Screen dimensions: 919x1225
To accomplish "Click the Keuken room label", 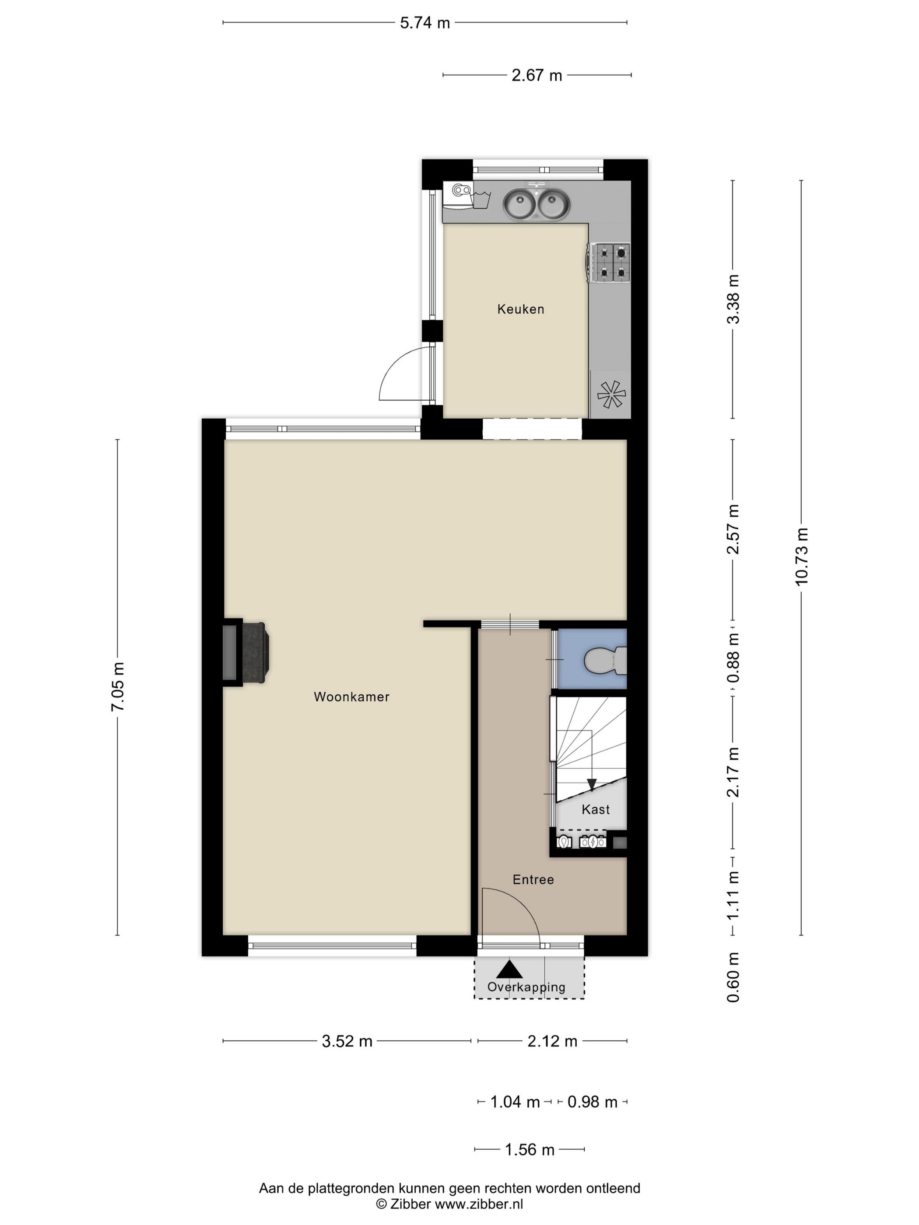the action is pos(520,309).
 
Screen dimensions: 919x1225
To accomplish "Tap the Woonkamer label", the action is pos(352,696).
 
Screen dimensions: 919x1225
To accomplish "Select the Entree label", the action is pos(533,879).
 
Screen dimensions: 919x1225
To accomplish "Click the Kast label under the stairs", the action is pos(596,810).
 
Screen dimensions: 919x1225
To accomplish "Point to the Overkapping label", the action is pos(526,987).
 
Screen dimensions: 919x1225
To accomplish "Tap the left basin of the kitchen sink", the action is pos(519,204).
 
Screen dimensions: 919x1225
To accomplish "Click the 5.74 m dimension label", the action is pos(425,23).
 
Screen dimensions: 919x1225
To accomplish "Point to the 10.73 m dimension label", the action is pos(802,556).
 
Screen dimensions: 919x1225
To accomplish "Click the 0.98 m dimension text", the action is pos(592,1102).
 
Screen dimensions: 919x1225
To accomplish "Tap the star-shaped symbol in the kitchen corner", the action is pos(611,394).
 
